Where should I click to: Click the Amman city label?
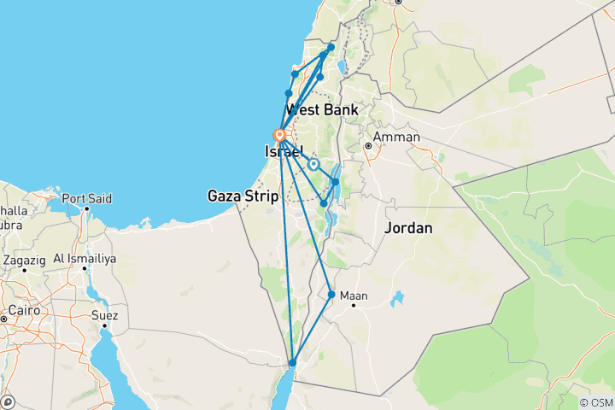pos(396,137)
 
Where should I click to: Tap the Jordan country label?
pos(408,228)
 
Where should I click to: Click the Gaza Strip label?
pos(243,196)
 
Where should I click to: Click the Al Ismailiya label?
pos(84,258)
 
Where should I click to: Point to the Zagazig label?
pos(26,258)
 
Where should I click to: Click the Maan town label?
pos(354,296)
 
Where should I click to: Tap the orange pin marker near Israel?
pos(278,135)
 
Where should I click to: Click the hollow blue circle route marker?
pos(313,164)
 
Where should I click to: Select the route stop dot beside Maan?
pos(331,295)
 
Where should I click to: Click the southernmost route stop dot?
pos(292,363)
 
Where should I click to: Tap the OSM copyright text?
pos(595,402)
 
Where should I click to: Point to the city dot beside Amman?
pos(368,146)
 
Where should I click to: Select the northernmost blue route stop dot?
pos(331,47)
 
